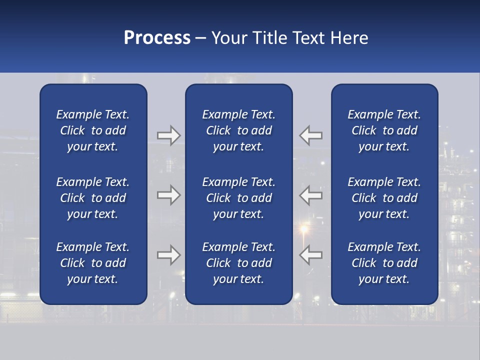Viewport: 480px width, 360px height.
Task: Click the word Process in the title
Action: [x=157, y=38]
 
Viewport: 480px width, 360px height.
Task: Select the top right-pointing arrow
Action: [x=168, y=135]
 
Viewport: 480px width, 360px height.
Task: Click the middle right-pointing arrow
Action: [x=168, y=195]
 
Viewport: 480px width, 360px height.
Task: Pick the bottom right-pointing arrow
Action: [x=168, y=255]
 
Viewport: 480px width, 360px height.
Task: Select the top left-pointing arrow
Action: [x=311, y=135]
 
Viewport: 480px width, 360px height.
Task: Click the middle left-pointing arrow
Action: [x=311, y=195]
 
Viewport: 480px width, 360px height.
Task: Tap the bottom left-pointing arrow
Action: [x=311, y=255]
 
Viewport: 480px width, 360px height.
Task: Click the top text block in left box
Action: [x=93, y=130]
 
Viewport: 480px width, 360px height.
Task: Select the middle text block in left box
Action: [x=93, y=198]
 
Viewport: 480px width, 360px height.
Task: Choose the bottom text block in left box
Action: [x=93, y=263]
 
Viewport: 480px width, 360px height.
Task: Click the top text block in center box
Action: [x=238, y=130]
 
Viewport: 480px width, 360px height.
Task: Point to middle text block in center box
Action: [x=238, y=198]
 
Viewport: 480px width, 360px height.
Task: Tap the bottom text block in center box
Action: [x=238, y=263]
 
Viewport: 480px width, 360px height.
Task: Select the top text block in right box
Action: [x=384, y=130]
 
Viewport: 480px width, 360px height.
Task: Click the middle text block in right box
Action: [x=384, y=198]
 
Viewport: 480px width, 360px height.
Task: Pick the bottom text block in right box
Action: [x=384, y=263]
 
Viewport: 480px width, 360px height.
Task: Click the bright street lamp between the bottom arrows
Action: [x=303, y=229]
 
